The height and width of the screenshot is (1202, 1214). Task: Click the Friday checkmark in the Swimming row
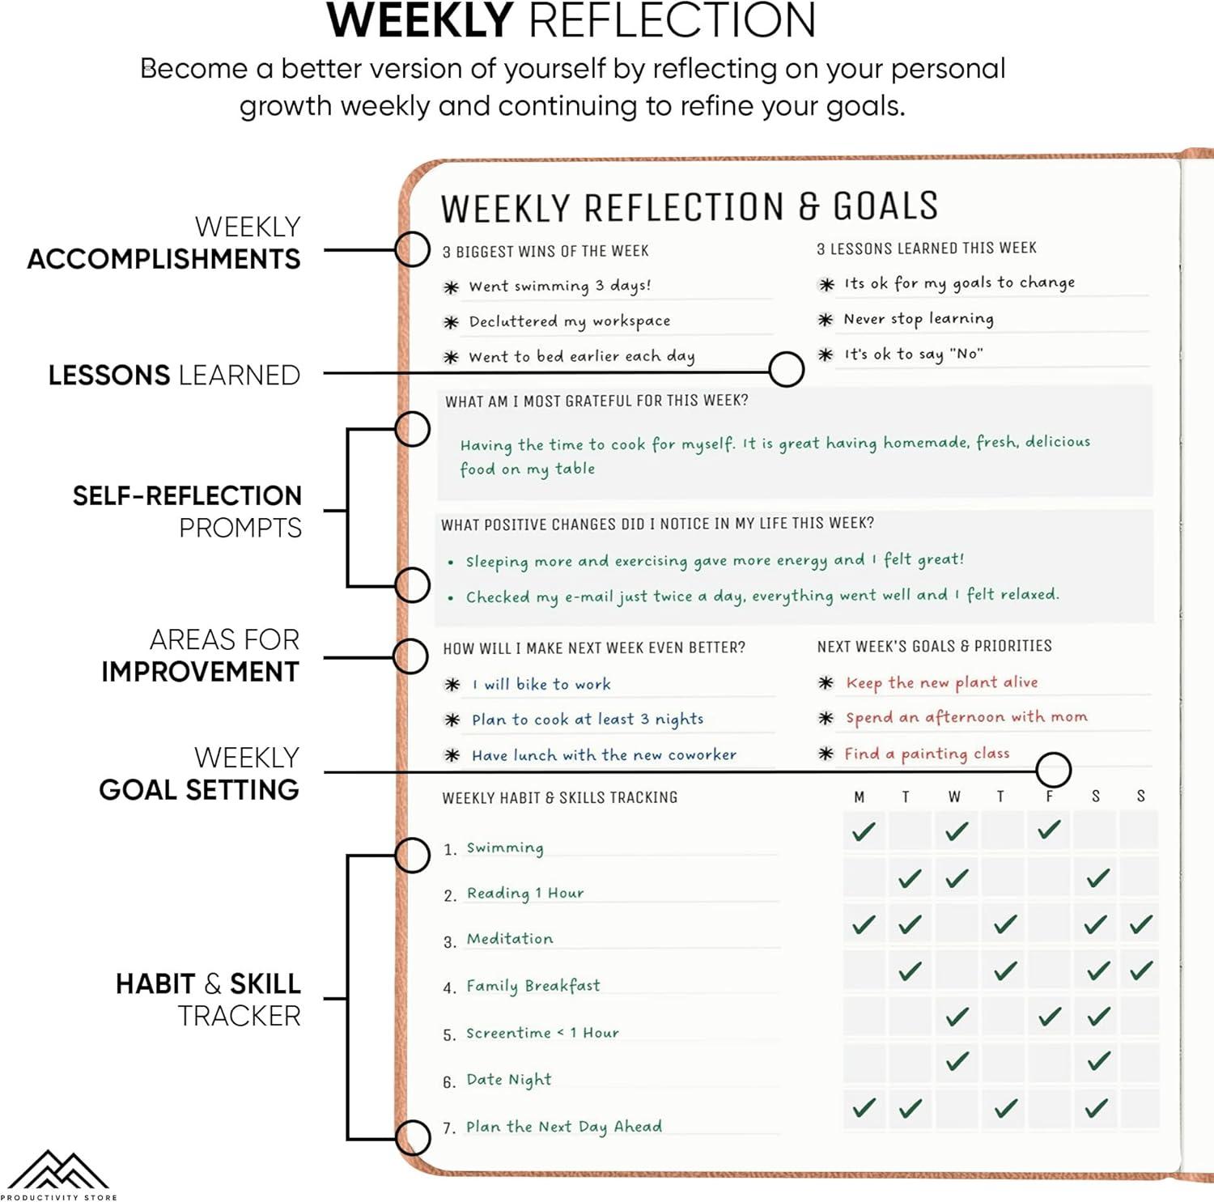1049,830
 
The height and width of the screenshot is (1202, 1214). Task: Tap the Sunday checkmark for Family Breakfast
1141,970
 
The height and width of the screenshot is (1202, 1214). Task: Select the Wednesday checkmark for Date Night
957,1061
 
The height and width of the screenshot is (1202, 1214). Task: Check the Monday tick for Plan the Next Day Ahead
864,1107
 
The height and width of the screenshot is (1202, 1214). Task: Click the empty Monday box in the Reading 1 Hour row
864,877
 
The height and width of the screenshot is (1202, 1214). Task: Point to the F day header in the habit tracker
1050,796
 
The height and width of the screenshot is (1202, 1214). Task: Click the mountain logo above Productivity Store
57,1170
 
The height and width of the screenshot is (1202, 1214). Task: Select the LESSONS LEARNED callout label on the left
174,375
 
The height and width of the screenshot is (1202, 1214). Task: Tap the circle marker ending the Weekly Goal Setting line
1054,769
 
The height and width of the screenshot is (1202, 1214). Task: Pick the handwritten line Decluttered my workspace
570,321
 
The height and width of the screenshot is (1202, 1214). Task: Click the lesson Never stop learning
919,319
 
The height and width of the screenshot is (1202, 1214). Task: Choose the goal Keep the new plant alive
942,682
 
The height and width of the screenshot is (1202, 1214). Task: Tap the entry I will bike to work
541,685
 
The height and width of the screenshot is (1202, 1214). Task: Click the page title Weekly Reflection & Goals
690,207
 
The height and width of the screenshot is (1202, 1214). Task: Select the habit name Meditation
510,939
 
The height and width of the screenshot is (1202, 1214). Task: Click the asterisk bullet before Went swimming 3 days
452,287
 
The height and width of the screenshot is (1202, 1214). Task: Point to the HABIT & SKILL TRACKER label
208,1000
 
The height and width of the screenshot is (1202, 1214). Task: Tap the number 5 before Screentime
449,1035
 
